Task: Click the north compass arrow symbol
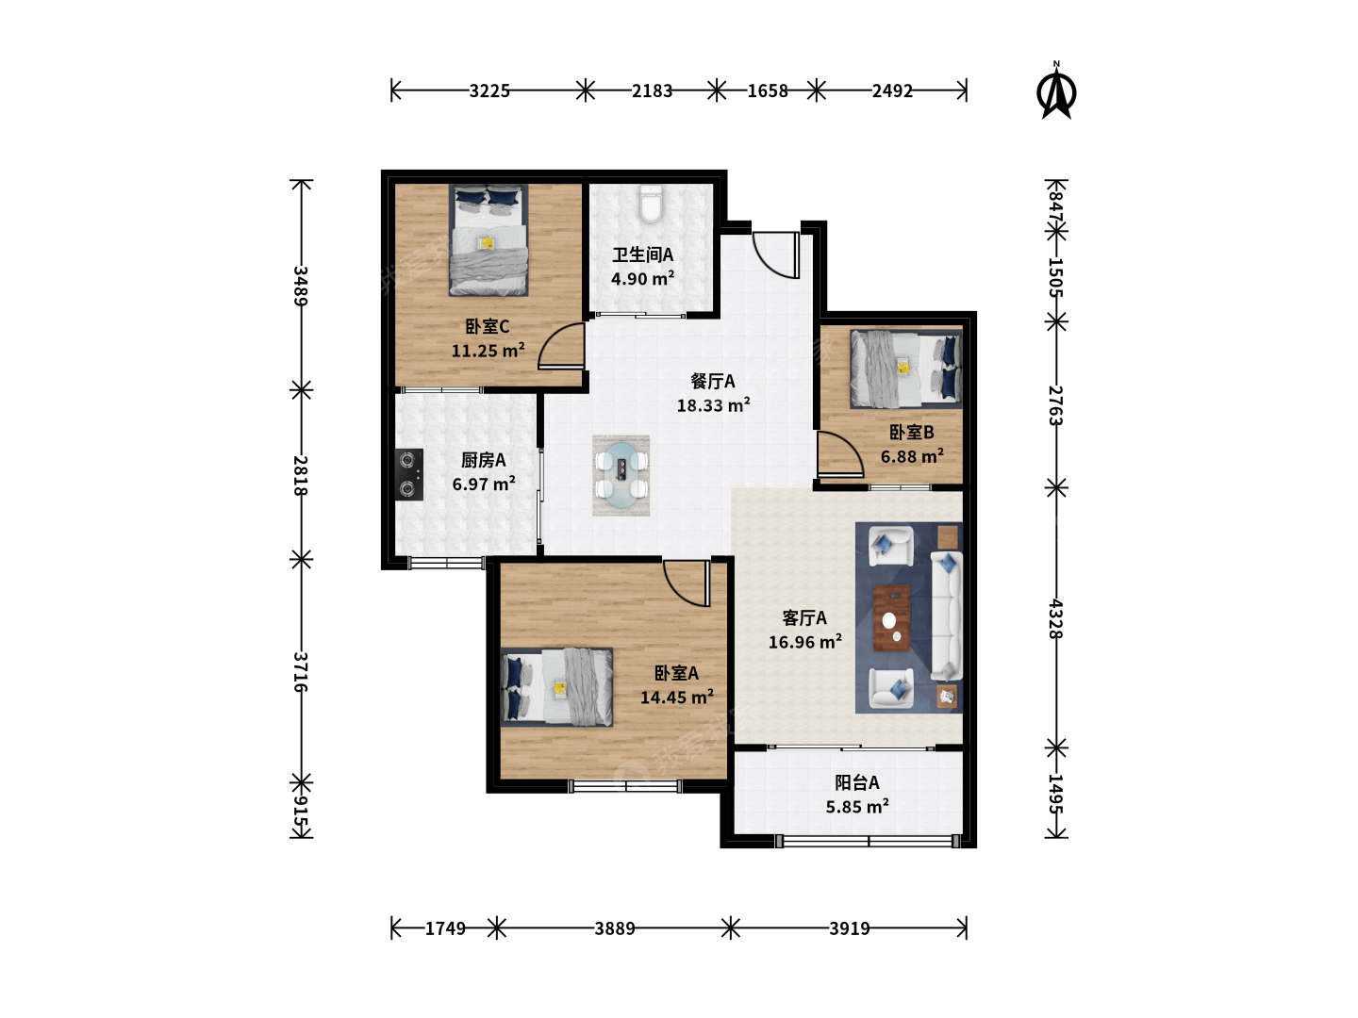tap(1056, 91)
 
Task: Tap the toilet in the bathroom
tap(650, 204)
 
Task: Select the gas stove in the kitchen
tap(409, 474)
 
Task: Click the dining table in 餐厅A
tap(621, 475)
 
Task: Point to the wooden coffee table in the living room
tap(891, 618)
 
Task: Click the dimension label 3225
tap(489, 90)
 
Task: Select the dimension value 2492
tap(892, 90)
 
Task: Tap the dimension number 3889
tap(614, 928)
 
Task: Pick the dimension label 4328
tap(1055, 618)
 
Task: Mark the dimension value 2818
tap(300, 475)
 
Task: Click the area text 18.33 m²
tap(713, 405)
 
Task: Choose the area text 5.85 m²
tap(857, 806)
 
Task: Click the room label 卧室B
tap(911, 432)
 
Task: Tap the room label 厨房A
tap(483, 460)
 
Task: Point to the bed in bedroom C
tap(489, 240)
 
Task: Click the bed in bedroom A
tap(556, 687)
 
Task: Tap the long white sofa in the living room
tap(947, 616)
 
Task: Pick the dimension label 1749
tap(445, 928)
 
